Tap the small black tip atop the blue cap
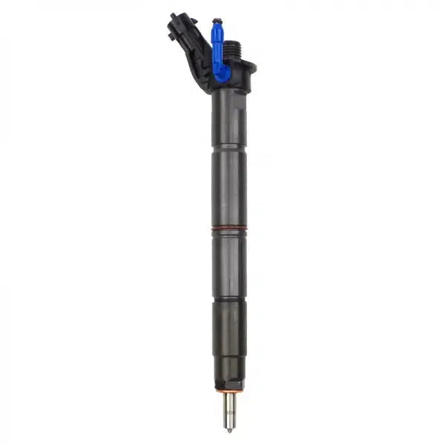click(216, 21)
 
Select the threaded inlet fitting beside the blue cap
click(232, 48)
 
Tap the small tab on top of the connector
click(174, 16)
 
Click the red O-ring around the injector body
click(227, 231)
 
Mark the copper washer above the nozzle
click(230, 388)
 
